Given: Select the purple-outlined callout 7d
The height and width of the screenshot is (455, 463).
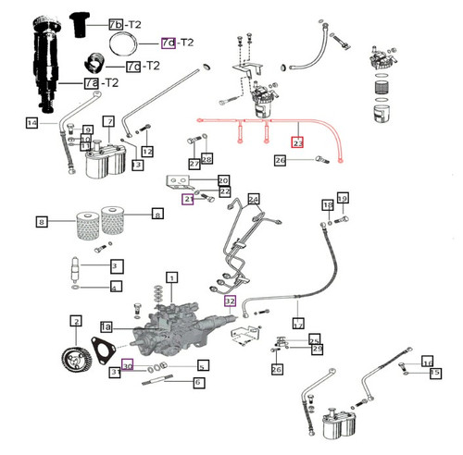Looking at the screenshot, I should pyautogui.click(x=168, y=43).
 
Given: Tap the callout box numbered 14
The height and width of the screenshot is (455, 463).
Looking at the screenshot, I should pyautogui.click(x=31, y=123).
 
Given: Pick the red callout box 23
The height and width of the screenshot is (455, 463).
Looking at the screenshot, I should pyautogui.click(x=297, y=143).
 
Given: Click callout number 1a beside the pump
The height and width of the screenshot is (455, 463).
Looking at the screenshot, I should pyautogui.click(x=106, y=327).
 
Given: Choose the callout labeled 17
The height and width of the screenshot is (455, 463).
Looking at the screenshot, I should pyautogui.click(x=298, y=326).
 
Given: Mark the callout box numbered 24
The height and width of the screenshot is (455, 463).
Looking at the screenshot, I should pyautogui.click(x=254, y=198).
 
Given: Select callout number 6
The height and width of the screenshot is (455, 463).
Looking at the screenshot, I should pyautogui.click(x=198, y=382).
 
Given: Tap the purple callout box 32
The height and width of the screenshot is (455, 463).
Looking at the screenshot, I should pyautogui.click(x=230, y=301).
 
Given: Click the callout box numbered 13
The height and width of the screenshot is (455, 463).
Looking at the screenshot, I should pyautogui.click(x=138, y=165).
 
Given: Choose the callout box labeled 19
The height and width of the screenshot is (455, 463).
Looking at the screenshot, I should pyautogui.click(x=342, y=199).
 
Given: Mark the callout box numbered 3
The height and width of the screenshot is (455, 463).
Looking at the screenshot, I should pyautogui.click(x=116, y=266).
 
